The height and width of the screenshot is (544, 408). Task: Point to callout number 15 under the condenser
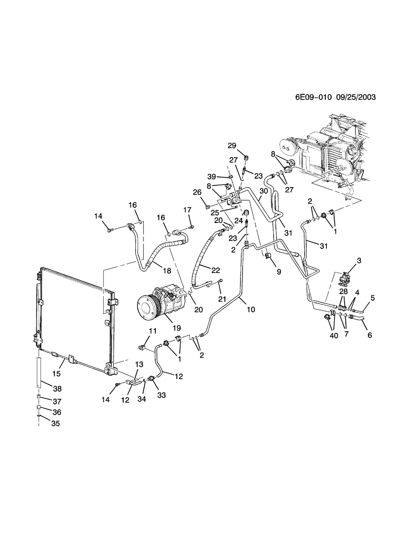pyautogui.click(x=57, y=374)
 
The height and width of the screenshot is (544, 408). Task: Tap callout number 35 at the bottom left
pyautogui.click(x=55, y=424)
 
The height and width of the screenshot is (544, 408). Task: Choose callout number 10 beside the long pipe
pyautogui.click(x=250, y=309)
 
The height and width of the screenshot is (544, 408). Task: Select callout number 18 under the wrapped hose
pyautogui.click(x=166, y=271)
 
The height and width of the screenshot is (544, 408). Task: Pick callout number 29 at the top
pyautogui.click(x=232, y=145)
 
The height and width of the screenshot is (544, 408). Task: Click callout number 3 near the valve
pyautogui.click(x=359, y=261)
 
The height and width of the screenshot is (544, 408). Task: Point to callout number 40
pyautogui.click(x=334, y=335)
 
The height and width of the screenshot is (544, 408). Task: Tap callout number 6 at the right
pyautogui.click(x=370, y=335)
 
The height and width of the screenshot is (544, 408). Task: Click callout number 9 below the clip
pyautogui.click(x=278, y=271)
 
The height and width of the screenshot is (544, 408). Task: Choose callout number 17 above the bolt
pyautogui.click(x=187, y=210)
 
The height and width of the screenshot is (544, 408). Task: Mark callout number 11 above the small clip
pyautogui.click(x=140, y=331)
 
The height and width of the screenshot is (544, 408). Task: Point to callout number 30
pyautogui.click(x=263, y=191)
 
